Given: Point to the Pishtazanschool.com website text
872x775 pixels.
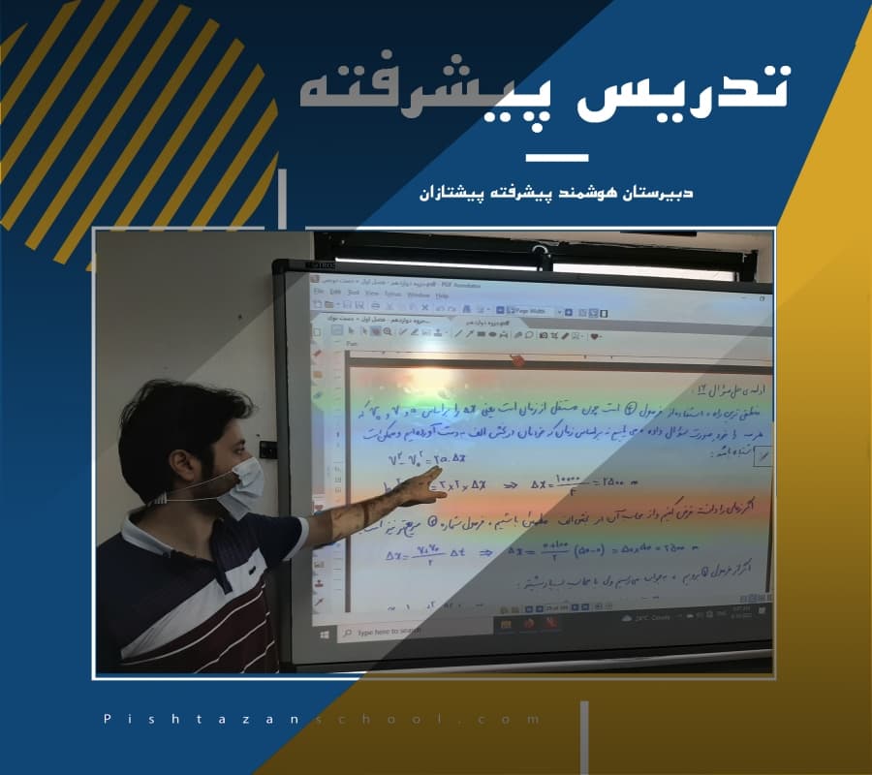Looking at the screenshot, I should [321, 720].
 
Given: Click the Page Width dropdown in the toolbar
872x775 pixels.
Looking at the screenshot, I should [535, 312].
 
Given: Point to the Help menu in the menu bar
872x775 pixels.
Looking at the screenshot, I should [441, 294].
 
